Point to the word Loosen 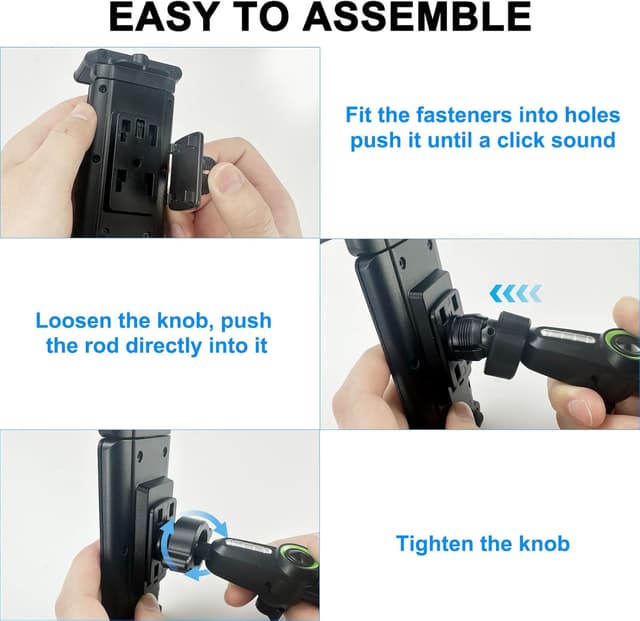(76, 321)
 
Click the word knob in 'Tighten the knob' (544, 544)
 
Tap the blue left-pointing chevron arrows (516, 293)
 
